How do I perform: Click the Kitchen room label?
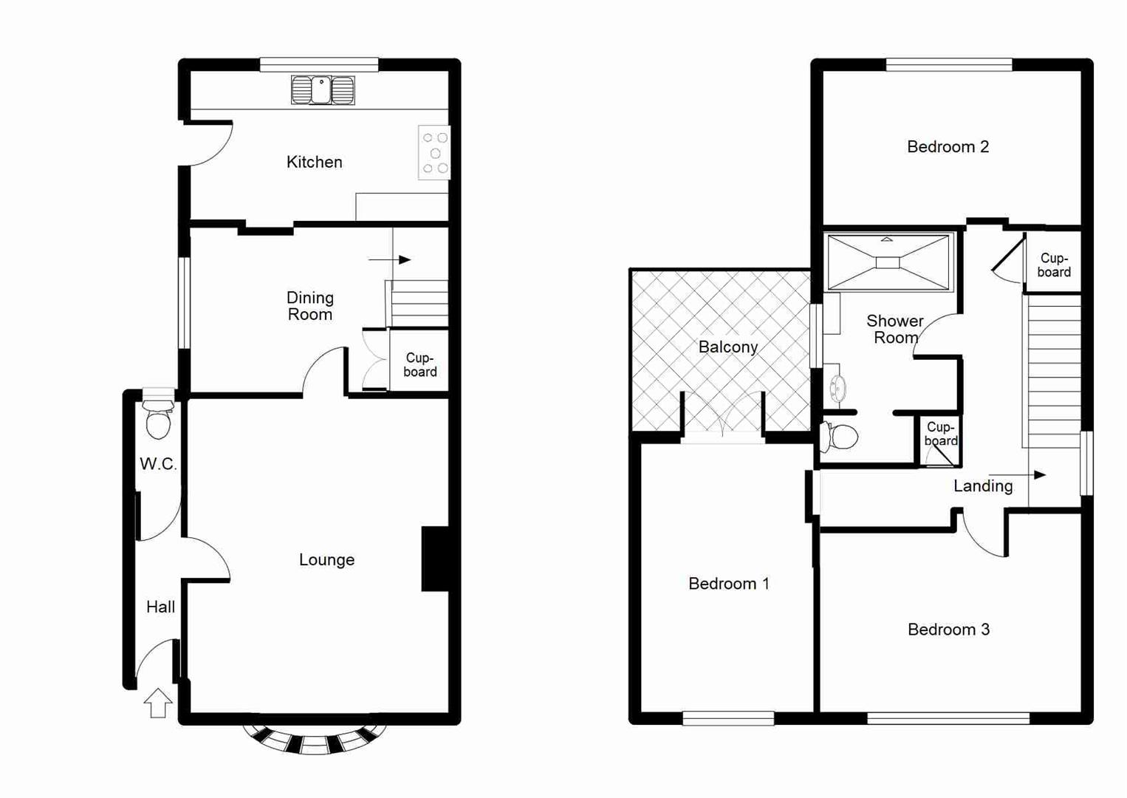tap(314, 162)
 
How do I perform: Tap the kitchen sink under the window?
tap(323, 90)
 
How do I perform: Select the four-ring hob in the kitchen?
tap(434, 153)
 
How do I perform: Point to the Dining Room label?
tap(310, 306)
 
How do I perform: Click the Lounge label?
tap(326, 560)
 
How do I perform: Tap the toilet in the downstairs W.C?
tap(158, 420)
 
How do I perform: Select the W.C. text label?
tap(158, 464)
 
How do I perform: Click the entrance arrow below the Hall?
tap(157, 703)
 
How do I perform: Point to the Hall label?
tap(160, 607)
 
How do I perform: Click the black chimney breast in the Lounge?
tap(435, 558)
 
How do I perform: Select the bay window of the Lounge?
tap(315, 738)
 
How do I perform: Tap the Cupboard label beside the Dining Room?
tap(419, 365)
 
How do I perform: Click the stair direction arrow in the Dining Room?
tap(390, 259)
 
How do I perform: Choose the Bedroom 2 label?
tap(948, 147)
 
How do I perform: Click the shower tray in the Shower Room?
tap(888, 262)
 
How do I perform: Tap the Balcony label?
tap(728, 347)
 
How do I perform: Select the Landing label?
tap(982, 486)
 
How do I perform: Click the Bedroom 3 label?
tap(948, 630)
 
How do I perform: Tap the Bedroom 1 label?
tap(728, 584)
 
